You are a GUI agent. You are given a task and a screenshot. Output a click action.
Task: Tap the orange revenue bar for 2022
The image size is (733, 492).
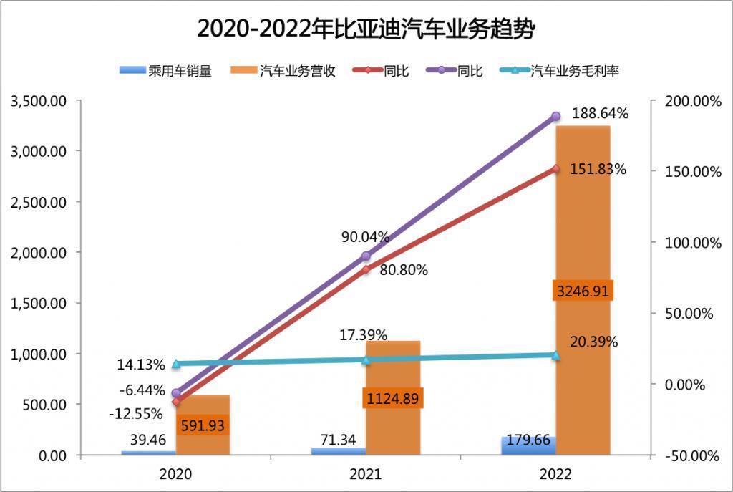[583, 215]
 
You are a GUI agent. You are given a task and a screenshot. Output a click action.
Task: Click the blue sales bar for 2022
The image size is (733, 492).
[529, 447]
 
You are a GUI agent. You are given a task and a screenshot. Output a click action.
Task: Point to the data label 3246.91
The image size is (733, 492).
[583, 291]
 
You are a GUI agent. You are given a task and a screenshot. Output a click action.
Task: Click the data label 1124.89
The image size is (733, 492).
[393, 398]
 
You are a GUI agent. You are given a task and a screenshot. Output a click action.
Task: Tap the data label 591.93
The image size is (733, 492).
[203, 425]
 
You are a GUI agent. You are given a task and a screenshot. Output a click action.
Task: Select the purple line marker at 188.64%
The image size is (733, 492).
[555, 117]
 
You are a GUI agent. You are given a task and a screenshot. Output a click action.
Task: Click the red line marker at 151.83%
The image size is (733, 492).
[555, 169]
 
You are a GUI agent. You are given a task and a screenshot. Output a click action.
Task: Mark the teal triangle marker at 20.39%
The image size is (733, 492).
[555, 354]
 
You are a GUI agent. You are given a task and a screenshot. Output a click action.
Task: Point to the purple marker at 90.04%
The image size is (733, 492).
[366, 256]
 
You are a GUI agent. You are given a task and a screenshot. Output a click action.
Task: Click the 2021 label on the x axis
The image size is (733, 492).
[366, 474]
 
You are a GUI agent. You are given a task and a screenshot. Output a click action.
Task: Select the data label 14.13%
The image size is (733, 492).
[141, 364]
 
